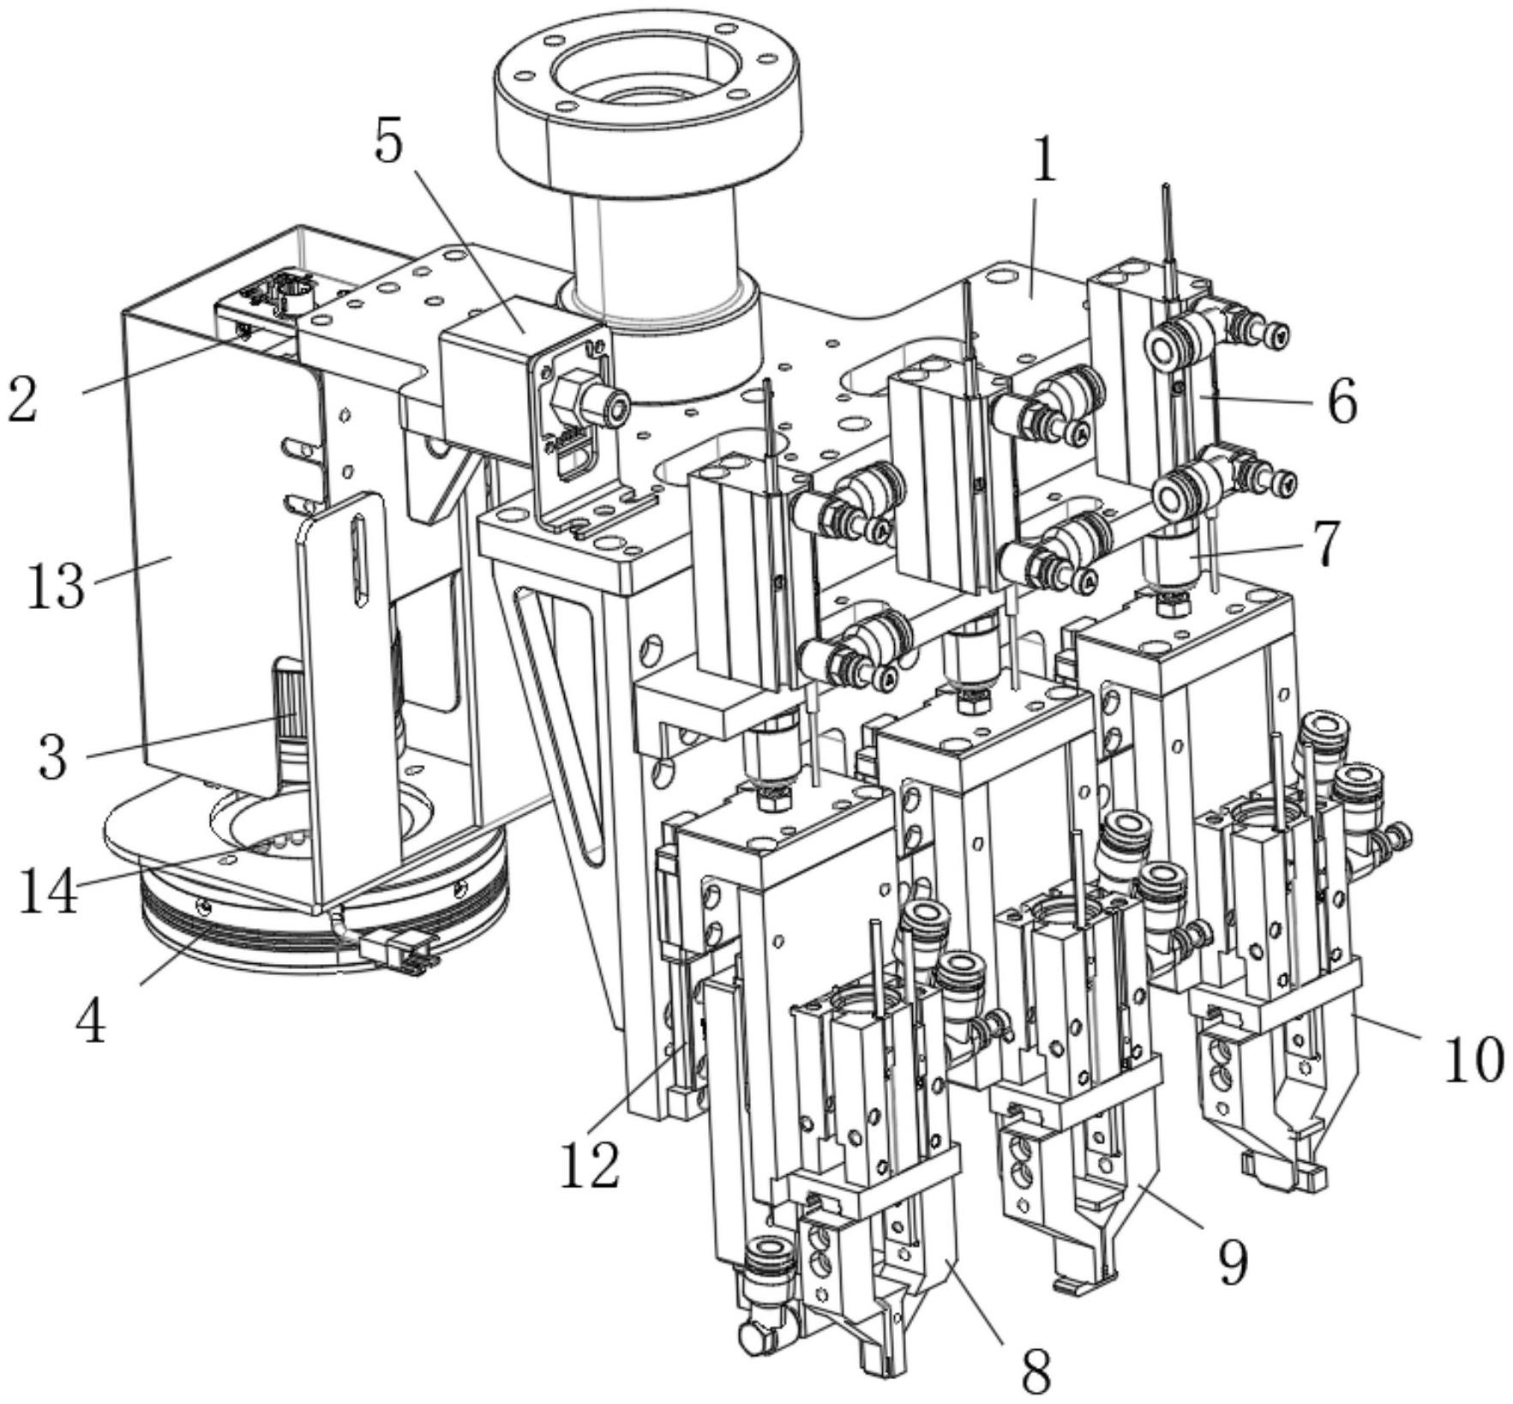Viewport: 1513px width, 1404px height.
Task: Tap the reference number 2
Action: (x=23, y=399)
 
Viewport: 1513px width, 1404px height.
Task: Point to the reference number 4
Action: (x=90, y=1021)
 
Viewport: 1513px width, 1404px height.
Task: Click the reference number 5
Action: (x=388, y=142)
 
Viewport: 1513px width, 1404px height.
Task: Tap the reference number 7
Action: (x=1327, y=544)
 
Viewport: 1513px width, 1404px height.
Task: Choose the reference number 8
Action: (x=1036, y=1371)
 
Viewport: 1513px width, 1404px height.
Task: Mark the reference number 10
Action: (x=1474, y=1059)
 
